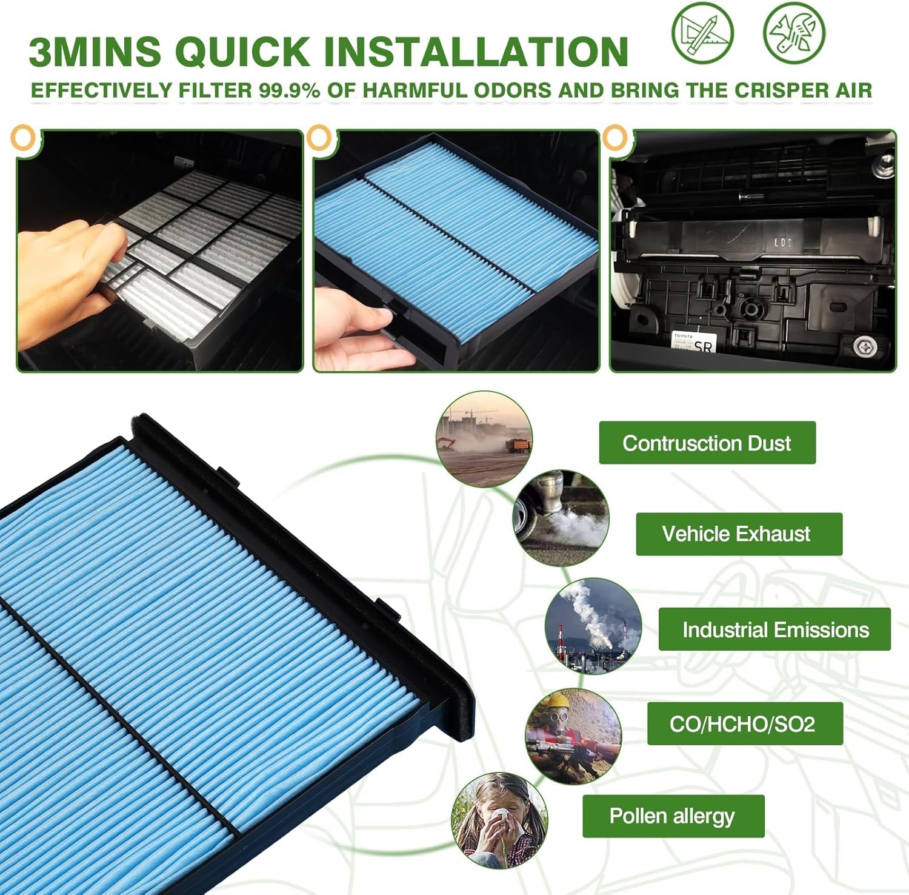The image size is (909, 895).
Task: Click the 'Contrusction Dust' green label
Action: [x=707, y=443]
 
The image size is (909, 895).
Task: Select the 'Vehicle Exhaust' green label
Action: [x=738, y=534]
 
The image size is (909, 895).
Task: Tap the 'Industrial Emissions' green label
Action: [x=774, y=629]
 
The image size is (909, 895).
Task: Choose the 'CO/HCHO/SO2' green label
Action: [x=744, y=724]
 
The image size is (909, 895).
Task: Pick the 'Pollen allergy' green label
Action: [x=673, y=816]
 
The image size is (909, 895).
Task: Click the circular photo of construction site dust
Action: [x=484, y=439]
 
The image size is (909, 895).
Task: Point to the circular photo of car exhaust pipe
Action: [x=561, y=518]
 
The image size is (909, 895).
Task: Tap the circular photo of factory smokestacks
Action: [x=593, y=625]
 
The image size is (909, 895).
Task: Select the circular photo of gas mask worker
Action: [x=573, y=736]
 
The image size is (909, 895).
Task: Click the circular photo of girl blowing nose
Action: [x=499, y=820]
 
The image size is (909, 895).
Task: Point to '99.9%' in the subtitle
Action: [x=290, y=91]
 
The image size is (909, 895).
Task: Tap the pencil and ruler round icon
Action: [x=702, y=31]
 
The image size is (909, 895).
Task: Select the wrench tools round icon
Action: [x=793, y=31]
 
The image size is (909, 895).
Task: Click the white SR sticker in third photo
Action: [x=694, y=343]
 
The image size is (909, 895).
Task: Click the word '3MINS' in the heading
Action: [x=94, y=52]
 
